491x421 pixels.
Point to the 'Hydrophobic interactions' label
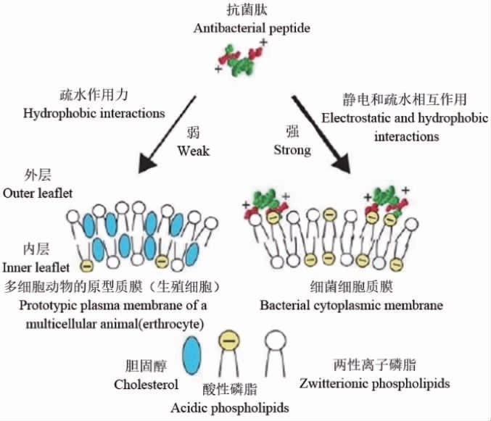pyautogui.click(x=94, y=113)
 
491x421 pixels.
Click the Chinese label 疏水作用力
pyautogui.click(x=94, y=95)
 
